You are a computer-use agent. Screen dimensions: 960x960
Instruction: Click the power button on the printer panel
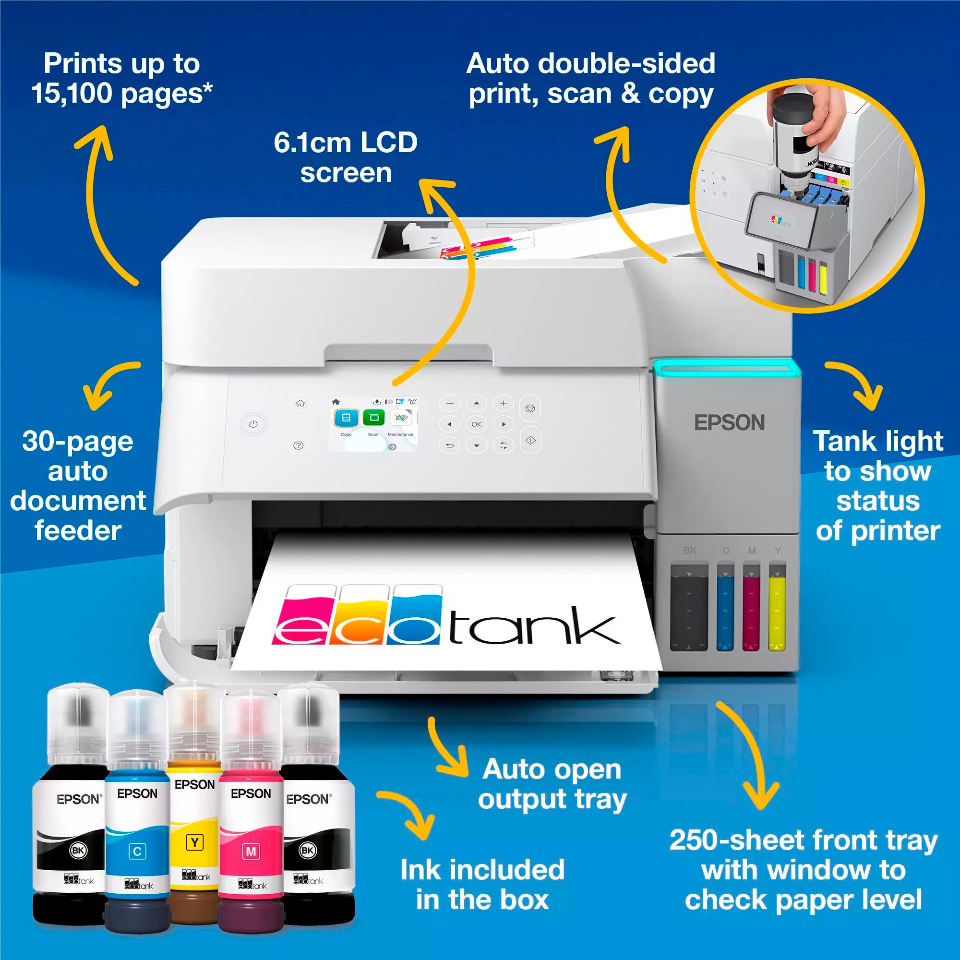[253, 424]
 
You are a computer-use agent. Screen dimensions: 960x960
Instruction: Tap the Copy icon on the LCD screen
[346, 418]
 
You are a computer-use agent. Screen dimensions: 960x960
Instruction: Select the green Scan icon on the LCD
[373, 418]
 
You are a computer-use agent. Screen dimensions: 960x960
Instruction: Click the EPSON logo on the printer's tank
[729, 423]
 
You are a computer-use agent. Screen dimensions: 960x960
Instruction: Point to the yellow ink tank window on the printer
[777, 607]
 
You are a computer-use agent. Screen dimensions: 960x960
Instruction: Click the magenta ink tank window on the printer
[751, 607]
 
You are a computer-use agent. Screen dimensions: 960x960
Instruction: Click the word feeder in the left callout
[78, 531]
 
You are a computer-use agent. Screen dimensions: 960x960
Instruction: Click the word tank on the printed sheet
[534, 627]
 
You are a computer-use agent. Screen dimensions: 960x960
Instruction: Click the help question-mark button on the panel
[298, 446]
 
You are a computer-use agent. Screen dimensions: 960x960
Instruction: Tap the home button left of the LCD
[300, 403]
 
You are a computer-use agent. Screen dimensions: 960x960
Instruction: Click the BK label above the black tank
[690, 551]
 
